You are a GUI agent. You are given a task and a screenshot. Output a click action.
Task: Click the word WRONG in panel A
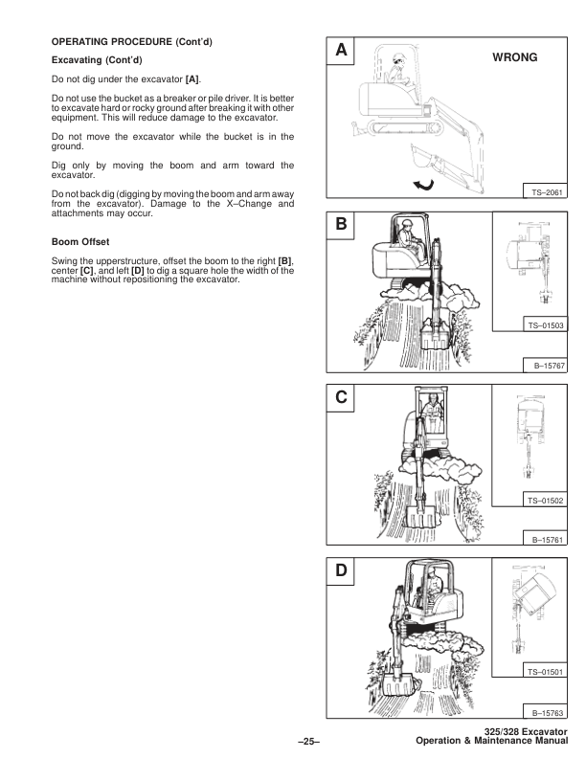515,57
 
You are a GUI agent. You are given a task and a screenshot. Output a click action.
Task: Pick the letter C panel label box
340,398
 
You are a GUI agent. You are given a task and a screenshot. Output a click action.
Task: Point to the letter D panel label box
340,572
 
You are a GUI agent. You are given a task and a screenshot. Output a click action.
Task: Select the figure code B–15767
546,364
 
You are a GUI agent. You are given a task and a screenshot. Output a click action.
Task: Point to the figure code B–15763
546,713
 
